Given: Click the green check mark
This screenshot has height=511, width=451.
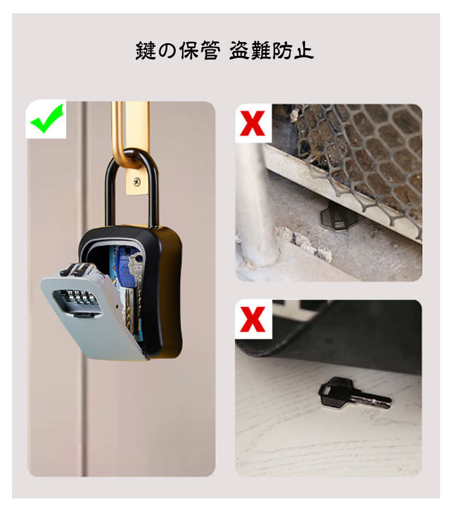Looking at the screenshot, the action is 47,118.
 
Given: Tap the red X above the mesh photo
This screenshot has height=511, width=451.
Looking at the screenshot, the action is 252,123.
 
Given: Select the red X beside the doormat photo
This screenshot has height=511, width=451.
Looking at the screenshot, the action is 252,319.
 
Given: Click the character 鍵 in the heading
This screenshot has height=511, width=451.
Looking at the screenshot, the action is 146,50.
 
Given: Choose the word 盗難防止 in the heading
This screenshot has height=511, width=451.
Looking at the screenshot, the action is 271,50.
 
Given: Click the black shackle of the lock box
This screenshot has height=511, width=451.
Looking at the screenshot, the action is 132,186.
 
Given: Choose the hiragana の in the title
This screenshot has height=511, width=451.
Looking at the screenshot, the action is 168,51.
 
